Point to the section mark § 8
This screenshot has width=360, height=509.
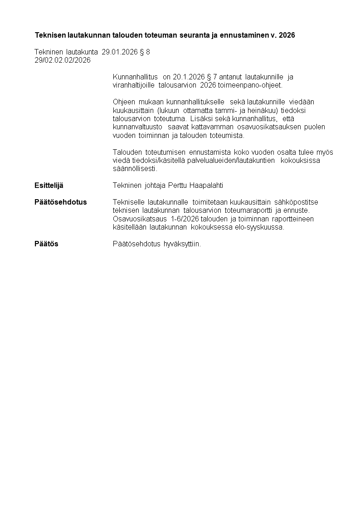click(145, 52)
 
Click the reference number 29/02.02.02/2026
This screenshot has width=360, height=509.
click(63, 60)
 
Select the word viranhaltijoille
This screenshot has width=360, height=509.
click(134, 85)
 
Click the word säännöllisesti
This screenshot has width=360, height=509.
click(135, 169)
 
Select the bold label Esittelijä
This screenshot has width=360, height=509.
click(49, 186)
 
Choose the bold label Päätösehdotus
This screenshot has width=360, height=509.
click(61, 202)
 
